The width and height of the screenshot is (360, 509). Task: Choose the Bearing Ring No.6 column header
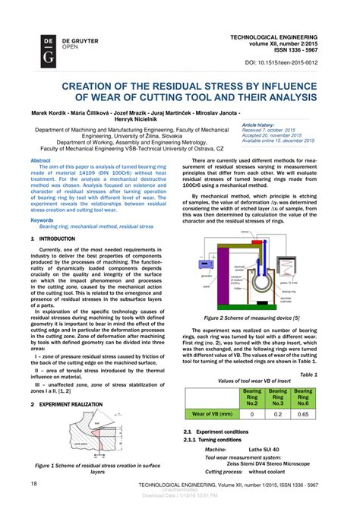coord(304,397)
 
